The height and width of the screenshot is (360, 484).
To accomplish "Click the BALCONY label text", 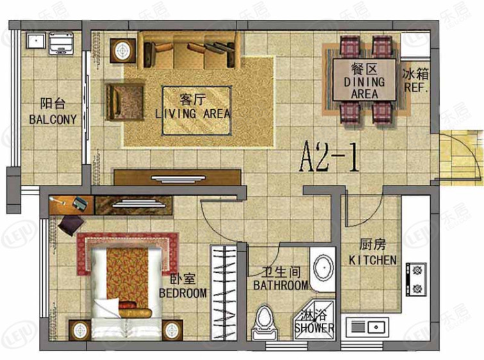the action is click(x=53, y=119).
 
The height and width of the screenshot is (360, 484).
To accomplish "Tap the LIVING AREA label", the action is click(x=193, y=114).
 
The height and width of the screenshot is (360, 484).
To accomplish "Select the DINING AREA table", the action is click(x=364, y=80).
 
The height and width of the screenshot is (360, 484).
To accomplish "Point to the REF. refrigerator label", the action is click(x=416, y=87).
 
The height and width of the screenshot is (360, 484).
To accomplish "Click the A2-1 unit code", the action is click(x=330, y=157).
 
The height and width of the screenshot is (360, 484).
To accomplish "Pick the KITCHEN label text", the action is click(x=372, y=260).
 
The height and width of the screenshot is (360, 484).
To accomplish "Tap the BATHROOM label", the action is click(x=281, y=285).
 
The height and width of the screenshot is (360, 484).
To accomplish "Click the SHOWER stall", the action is click(x=314, y=320).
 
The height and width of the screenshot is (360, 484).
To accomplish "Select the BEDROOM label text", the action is click(x=183, y=293).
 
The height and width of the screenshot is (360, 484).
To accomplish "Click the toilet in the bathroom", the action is click(x=264, y=322).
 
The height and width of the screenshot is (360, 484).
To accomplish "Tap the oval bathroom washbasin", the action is click(x=323, y=268).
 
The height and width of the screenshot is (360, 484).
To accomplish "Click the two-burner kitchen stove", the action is click(x=417, y=279).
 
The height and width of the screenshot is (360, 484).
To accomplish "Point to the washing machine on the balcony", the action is click(x=61, y=43).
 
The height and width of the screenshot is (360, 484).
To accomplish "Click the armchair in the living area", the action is click(x=125, y=101).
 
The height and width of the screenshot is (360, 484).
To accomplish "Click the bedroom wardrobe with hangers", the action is click(x=224, y=293).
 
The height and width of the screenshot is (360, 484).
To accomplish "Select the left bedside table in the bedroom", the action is click(x=79, y=330).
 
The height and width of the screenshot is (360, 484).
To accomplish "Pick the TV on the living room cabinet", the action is click(x=178, y=178).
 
